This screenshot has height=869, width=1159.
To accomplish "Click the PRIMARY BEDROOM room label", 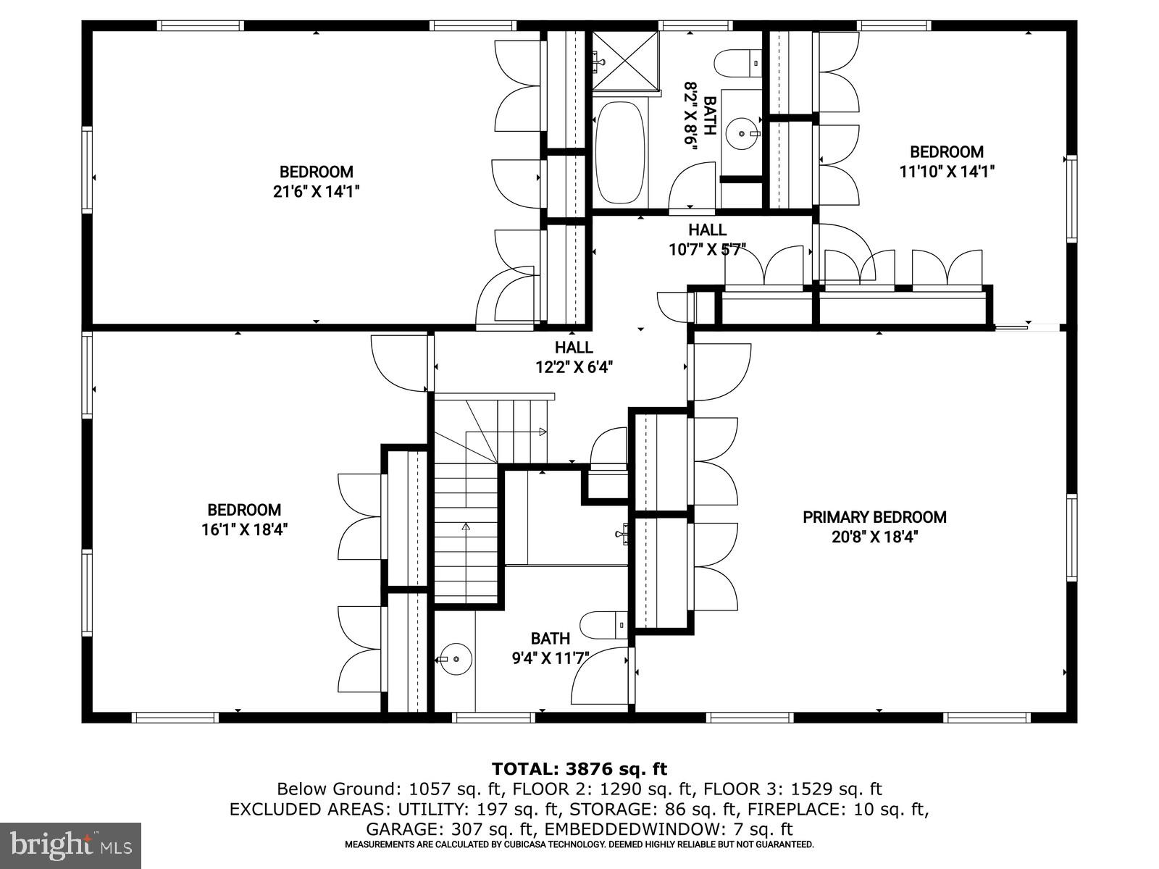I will [x=874, y=517].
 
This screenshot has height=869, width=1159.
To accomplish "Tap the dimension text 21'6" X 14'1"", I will [x=317, y=191].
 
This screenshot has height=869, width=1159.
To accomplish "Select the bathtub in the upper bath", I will [x=619, y=153].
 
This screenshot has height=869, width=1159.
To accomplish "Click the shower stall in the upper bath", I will [x=625, y=62].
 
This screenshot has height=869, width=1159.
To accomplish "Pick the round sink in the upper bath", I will [x=740, y=133].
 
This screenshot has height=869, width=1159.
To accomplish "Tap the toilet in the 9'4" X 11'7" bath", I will [x=603, y=624].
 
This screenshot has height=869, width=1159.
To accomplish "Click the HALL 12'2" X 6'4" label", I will [x=574, y=357].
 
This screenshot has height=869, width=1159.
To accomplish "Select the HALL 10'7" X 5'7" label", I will [x=707, y=240].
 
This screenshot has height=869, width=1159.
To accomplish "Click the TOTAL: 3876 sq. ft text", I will [x=579, y=768].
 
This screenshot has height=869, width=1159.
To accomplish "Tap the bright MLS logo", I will [x=70, y=845].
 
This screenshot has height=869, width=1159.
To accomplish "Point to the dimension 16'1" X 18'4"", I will [x=245, y=529].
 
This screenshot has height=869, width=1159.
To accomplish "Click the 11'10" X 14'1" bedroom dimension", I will [x=947, y=172].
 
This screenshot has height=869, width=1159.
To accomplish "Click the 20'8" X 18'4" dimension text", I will [x=874, y=537].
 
